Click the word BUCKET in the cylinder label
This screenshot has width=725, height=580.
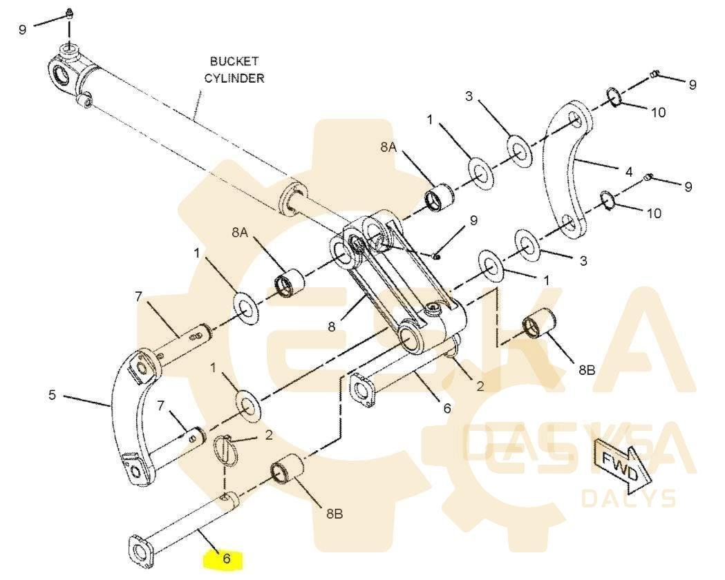234,61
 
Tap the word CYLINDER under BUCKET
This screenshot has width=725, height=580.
234,78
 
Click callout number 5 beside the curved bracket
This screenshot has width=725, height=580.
52,396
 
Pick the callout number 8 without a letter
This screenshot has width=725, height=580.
332,327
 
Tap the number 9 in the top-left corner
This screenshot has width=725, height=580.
23,30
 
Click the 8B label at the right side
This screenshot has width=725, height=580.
586,370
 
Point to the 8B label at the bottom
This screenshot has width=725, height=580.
335,514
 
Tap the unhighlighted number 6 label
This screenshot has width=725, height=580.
447,408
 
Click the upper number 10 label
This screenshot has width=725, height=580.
658,112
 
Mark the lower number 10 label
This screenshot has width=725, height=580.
653,213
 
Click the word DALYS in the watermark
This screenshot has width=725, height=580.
628,497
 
